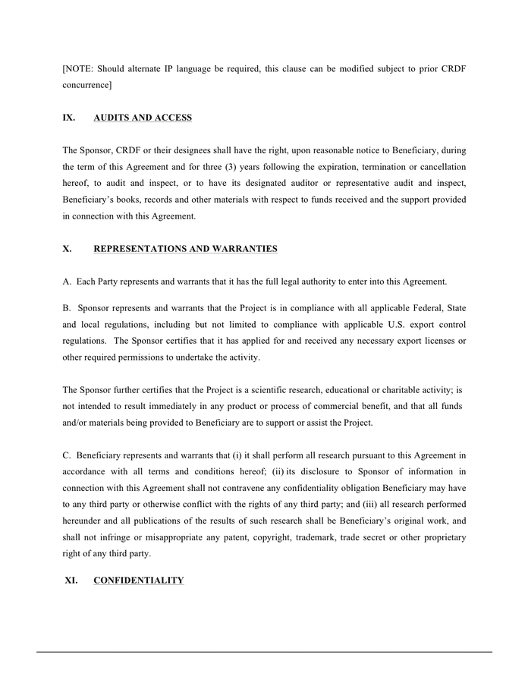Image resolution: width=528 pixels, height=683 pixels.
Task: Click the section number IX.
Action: click(x=68, y=118)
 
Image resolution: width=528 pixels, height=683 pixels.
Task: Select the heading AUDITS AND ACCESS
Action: click(x=142, y=118)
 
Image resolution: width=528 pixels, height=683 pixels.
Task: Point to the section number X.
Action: click(x=67, y=249)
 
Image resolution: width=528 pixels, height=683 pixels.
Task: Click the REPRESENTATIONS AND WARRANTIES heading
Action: click(x=185, y=249)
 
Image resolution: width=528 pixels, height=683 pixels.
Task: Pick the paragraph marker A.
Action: click(x=67, y=282)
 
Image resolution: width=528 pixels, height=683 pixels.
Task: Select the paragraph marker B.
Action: click(x=67, y=308)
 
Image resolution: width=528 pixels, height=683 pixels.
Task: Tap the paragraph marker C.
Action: click(x=67, y=455)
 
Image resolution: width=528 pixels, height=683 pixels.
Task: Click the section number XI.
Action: click(x=71, y=581)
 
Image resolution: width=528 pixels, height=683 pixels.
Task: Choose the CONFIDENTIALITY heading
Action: click(x=138, y=581)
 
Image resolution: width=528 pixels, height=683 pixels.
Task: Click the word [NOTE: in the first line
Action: click(x=79, y=69)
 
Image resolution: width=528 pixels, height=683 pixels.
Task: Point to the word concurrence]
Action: click(x=86, y=86)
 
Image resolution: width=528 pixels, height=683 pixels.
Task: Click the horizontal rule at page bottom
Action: click(x=264, y=652)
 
